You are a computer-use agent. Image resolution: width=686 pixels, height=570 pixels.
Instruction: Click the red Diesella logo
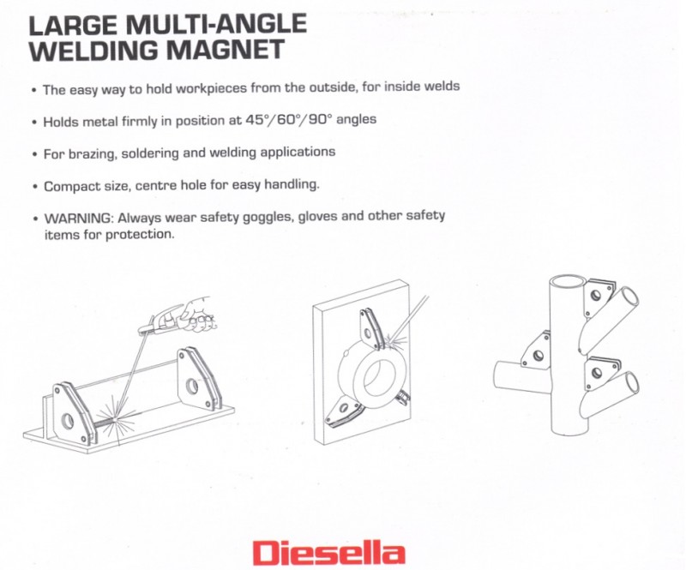329,553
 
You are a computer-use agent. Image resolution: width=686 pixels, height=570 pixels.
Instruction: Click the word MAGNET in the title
225,50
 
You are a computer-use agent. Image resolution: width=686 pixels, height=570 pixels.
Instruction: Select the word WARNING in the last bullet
79,218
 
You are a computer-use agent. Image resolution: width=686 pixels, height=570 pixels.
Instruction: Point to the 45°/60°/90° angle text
286,119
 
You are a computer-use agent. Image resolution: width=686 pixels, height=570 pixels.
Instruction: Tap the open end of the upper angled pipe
629,298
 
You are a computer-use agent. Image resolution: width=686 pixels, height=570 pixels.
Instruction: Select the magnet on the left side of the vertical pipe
536,352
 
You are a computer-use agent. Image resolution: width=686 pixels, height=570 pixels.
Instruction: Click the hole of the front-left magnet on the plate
68,421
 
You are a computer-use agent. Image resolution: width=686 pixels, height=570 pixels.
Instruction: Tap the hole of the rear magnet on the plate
192,386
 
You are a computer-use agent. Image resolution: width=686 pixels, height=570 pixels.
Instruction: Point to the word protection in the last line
140,235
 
